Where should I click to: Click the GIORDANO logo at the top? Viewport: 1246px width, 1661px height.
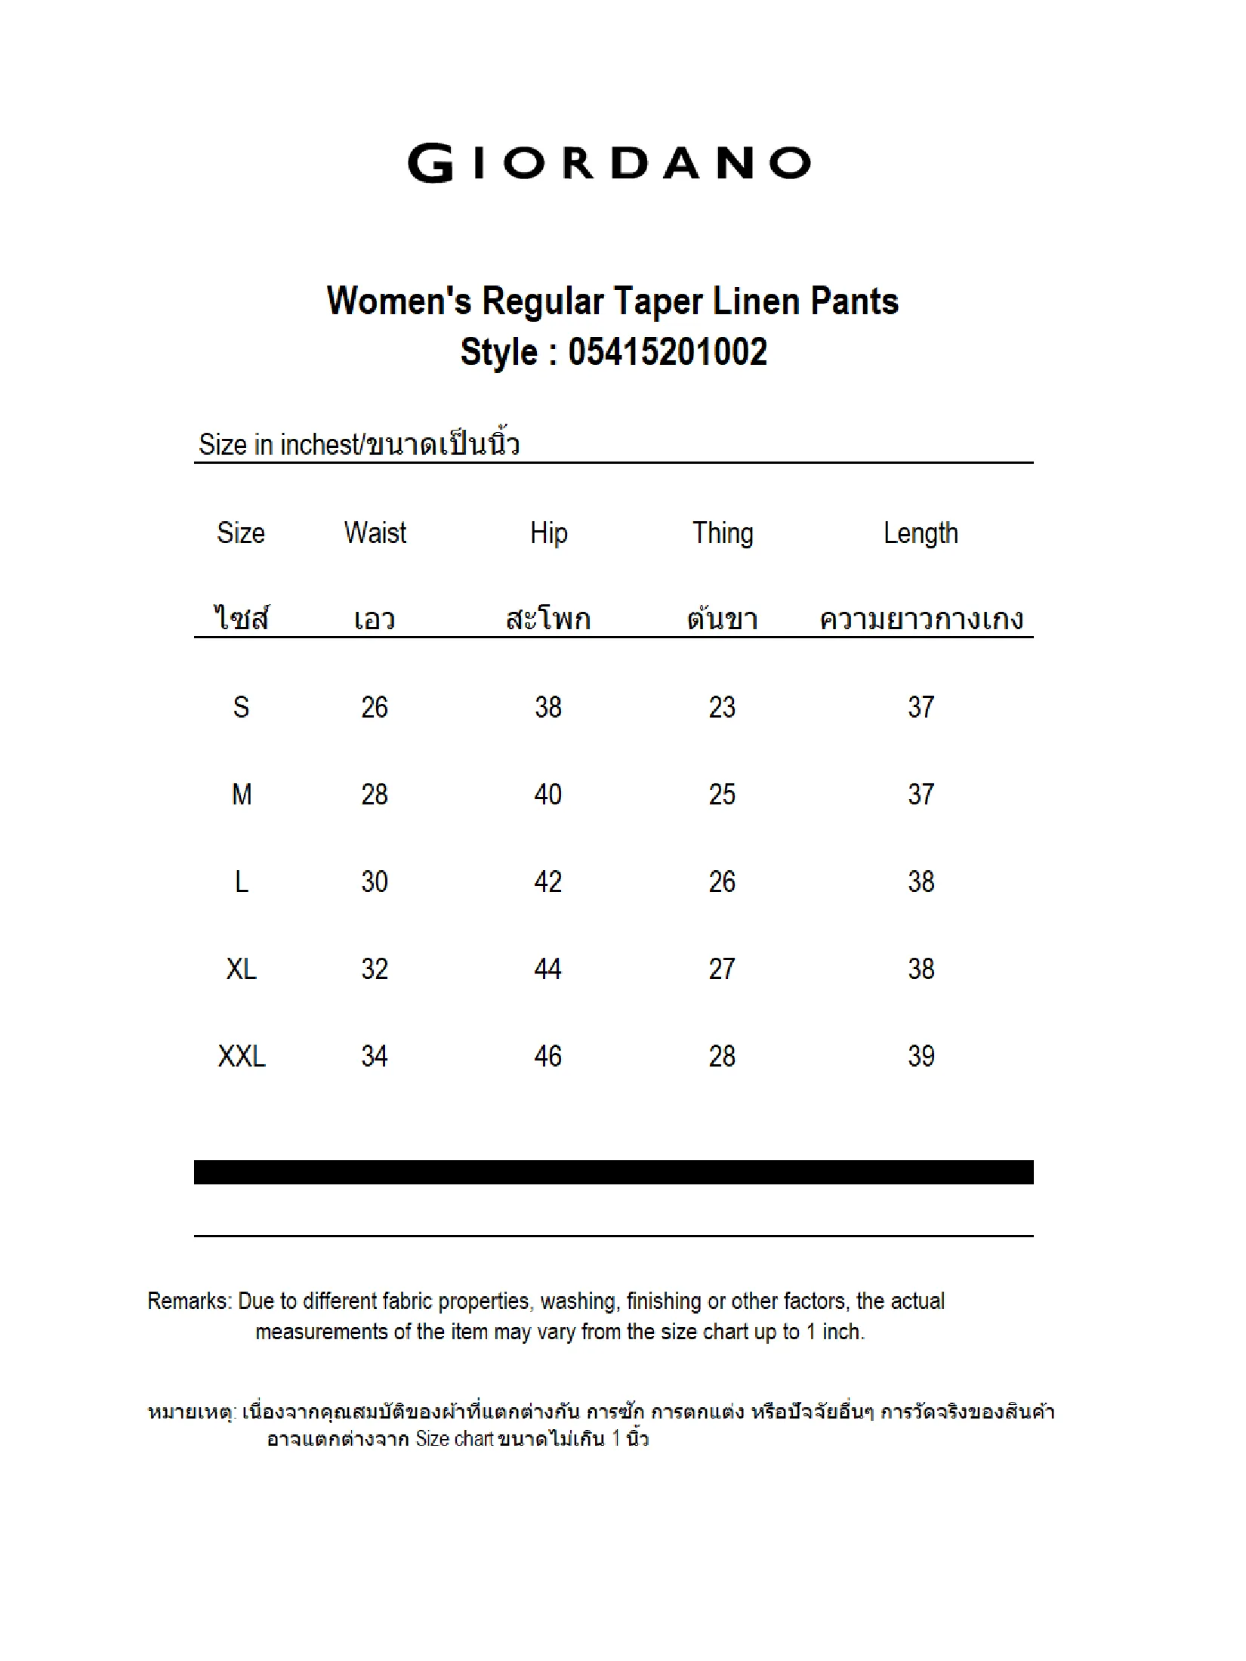click(x=609, y=162)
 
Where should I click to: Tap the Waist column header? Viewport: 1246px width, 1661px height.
click(x=375, y=533)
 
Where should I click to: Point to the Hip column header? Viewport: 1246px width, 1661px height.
click(x=548, y=533)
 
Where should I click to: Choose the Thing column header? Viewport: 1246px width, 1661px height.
click(x=723, y=533)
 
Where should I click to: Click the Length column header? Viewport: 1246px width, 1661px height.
click(x=921, y=533)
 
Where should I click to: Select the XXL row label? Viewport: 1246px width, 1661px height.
click(x=242, y=1056)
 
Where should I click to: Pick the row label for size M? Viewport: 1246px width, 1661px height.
click(x=242, y=795)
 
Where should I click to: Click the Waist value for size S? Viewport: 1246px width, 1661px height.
click(x=375, y=708)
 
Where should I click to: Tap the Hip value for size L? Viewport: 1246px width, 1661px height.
click(x=548, y=882)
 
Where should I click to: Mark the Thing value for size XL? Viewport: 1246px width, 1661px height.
click(x=722, y=969)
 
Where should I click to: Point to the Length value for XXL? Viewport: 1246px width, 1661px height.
click(x=921, y=1056)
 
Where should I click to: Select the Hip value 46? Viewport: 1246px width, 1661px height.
click(x=548, y=1056)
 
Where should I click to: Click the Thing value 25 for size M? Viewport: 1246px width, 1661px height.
click(x=722, y=795)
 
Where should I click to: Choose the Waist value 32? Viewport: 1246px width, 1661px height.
click(x=375, y=969)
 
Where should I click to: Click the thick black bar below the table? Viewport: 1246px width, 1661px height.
click(x=613, y=1172)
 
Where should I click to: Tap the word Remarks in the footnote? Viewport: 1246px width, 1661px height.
click(x=189, y=1301)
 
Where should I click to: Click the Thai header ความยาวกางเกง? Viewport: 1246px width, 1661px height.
click(x=921, y=620)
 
